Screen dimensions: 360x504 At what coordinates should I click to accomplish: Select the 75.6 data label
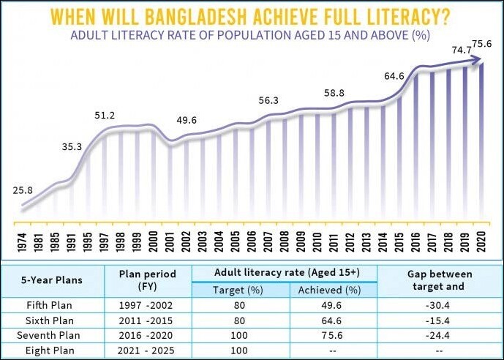481,45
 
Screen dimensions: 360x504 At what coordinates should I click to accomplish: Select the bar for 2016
416,146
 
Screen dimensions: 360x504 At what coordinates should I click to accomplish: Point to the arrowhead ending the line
479,63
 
